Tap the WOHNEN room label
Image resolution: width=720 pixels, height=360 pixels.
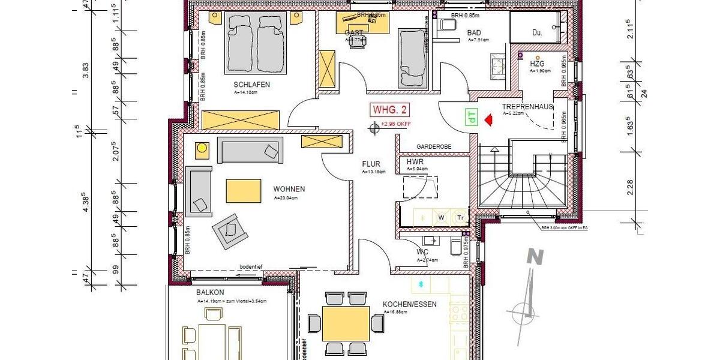[x=289, y=189]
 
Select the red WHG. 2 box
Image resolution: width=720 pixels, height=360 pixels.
[x=391, y=110]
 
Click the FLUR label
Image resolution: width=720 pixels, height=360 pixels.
[x=371, y=163]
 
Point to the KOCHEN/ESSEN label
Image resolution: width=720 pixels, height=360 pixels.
[x=410, y=304]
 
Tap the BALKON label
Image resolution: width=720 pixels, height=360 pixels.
[x=210, y=293]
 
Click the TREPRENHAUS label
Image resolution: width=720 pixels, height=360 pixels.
[x=528, y=106]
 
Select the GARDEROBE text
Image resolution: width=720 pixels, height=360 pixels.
[x=434, y=147]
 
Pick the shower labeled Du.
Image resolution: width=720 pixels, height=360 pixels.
[x=537, y=33]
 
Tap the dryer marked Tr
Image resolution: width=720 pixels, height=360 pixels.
[x=460, y=217]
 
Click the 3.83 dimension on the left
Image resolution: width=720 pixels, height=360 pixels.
[x=86, y=71]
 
